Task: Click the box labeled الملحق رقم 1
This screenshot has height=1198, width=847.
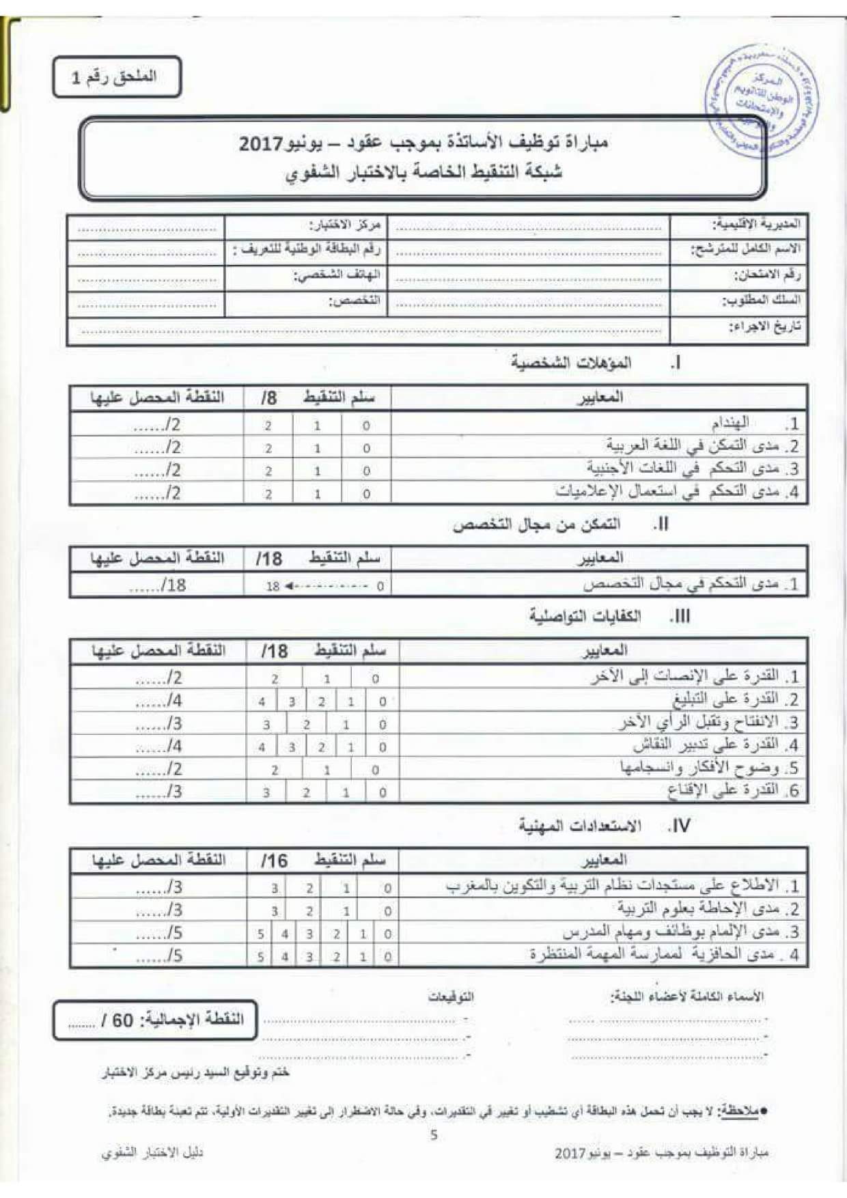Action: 116,77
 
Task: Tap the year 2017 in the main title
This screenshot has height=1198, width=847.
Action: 261,144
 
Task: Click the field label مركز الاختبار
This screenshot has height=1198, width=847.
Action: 345,225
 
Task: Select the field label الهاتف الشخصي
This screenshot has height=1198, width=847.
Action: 337,275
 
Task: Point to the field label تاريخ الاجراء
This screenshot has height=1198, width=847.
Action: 765,326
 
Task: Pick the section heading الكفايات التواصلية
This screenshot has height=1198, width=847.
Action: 585,616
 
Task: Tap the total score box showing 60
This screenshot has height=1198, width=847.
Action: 156,1020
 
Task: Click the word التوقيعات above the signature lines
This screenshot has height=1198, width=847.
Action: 451,997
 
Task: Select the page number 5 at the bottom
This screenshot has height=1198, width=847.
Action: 434,1134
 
